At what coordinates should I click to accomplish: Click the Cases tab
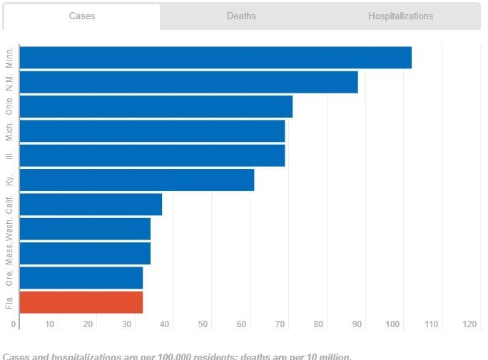pos(82,16)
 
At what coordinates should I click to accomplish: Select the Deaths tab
pos(241,16)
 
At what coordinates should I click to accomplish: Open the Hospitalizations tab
pos(400,16)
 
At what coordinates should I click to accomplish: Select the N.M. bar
pos(188,82)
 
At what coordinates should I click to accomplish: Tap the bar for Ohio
pos(156,106)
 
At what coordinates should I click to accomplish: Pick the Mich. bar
pos(152,131)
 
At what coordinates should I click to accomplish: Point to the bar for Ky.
pos(136,180)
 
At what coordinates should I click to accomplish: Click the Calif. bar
pos(91,205)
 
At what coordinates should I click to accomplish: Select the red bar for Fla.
pos(81,302)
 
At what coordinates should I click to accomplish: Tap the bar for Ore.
pos(81,278)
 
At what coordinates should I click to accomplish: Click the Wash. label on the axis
pos(9,229)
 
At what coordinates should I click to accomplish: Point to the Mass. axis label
pos(9,254)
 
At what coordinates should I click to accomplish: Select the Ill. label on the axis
pos(9,155)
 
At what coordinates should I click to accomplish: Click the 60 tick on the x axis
pos(242,325)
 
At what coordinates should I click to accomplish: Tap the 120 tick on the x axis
pos(469,325)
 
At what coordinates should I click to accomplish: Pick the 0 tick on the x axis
pos(14,325)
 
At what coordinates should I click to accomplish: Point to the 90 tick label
pos(356,325)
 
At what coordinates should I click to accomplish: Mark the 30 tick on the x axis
pos(127,325)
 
